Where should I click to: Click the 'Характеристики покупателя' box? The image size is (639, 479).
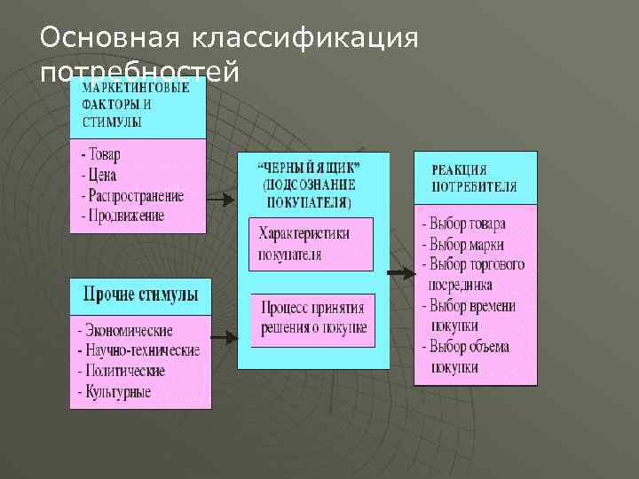coord(311,243)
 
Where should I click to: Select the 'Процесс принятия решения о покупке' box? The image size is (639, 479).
coord(313,318)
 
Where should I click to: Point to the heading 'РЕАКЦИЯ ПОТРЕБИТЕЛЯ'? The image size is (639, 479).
coord(474,178)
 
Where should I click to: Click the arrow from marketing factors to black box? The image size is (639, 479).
coord(221,200)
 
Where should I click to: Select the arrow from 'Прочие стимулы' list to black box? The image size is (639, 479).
coord(224,338)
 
